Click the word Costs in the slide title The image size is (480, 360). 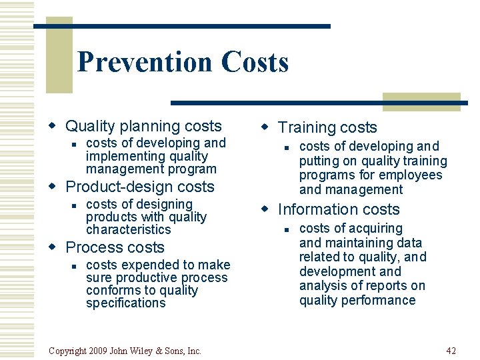pyautogui.click(x=255, y=62)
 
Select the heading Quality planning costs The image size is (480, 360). pyautogui.click(x=143, y=126)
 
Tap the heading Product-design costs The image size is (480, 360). pyautogui.click(x=140, y=187)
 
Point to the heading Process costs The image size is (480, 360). pyautogui.click(x=115, y=247)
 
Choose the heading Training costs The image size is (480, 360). pyautogui.click(x=327, y=127)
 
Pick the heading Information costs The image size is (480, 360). pyautogui.click(x=339, y=209)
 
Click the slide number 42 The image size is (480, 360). pyautogui.click(x=451, y=351)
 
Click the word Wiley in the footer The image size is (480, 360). pyautogui.click(x=155, y=351)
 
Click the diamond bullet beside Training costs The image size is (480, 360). pyautogui.click(x=265, y=127)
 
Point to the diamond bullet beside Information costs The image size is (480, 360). pyautogui.click(x=265, y=209)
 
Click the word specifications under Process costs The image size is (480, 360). pyautogui.click(x=125, y=303)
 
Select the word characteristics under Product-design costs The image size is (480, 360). pyautogui.click(x=128, y=229)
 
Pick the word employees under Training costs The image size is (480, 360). pyautogui.click(x=413, y=175)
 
